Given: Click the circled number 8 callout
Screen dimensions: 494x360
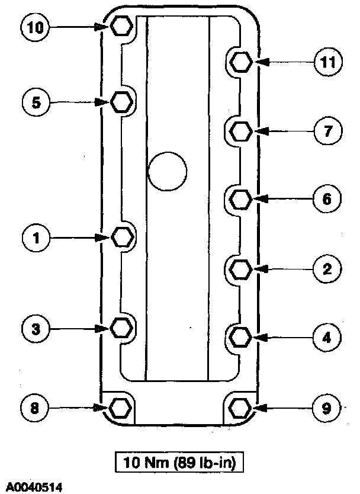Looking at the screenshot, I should [x=35, y=408].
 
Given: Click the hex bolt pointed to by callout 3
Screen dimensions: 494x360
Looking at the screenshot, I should [x=121, y=328].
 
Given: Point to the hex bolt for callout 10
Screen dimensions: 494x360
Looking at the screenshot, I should [x=121, y=26].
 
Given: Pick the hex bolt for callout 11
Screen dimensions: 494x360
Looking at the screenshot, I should [x=240, y=62].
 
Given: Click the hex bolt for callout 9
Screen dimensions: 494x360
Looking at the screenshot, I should [x=240, y=408].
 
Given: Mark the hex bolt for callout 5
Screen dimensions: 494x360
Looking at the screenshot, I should [x=121, y=102].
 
